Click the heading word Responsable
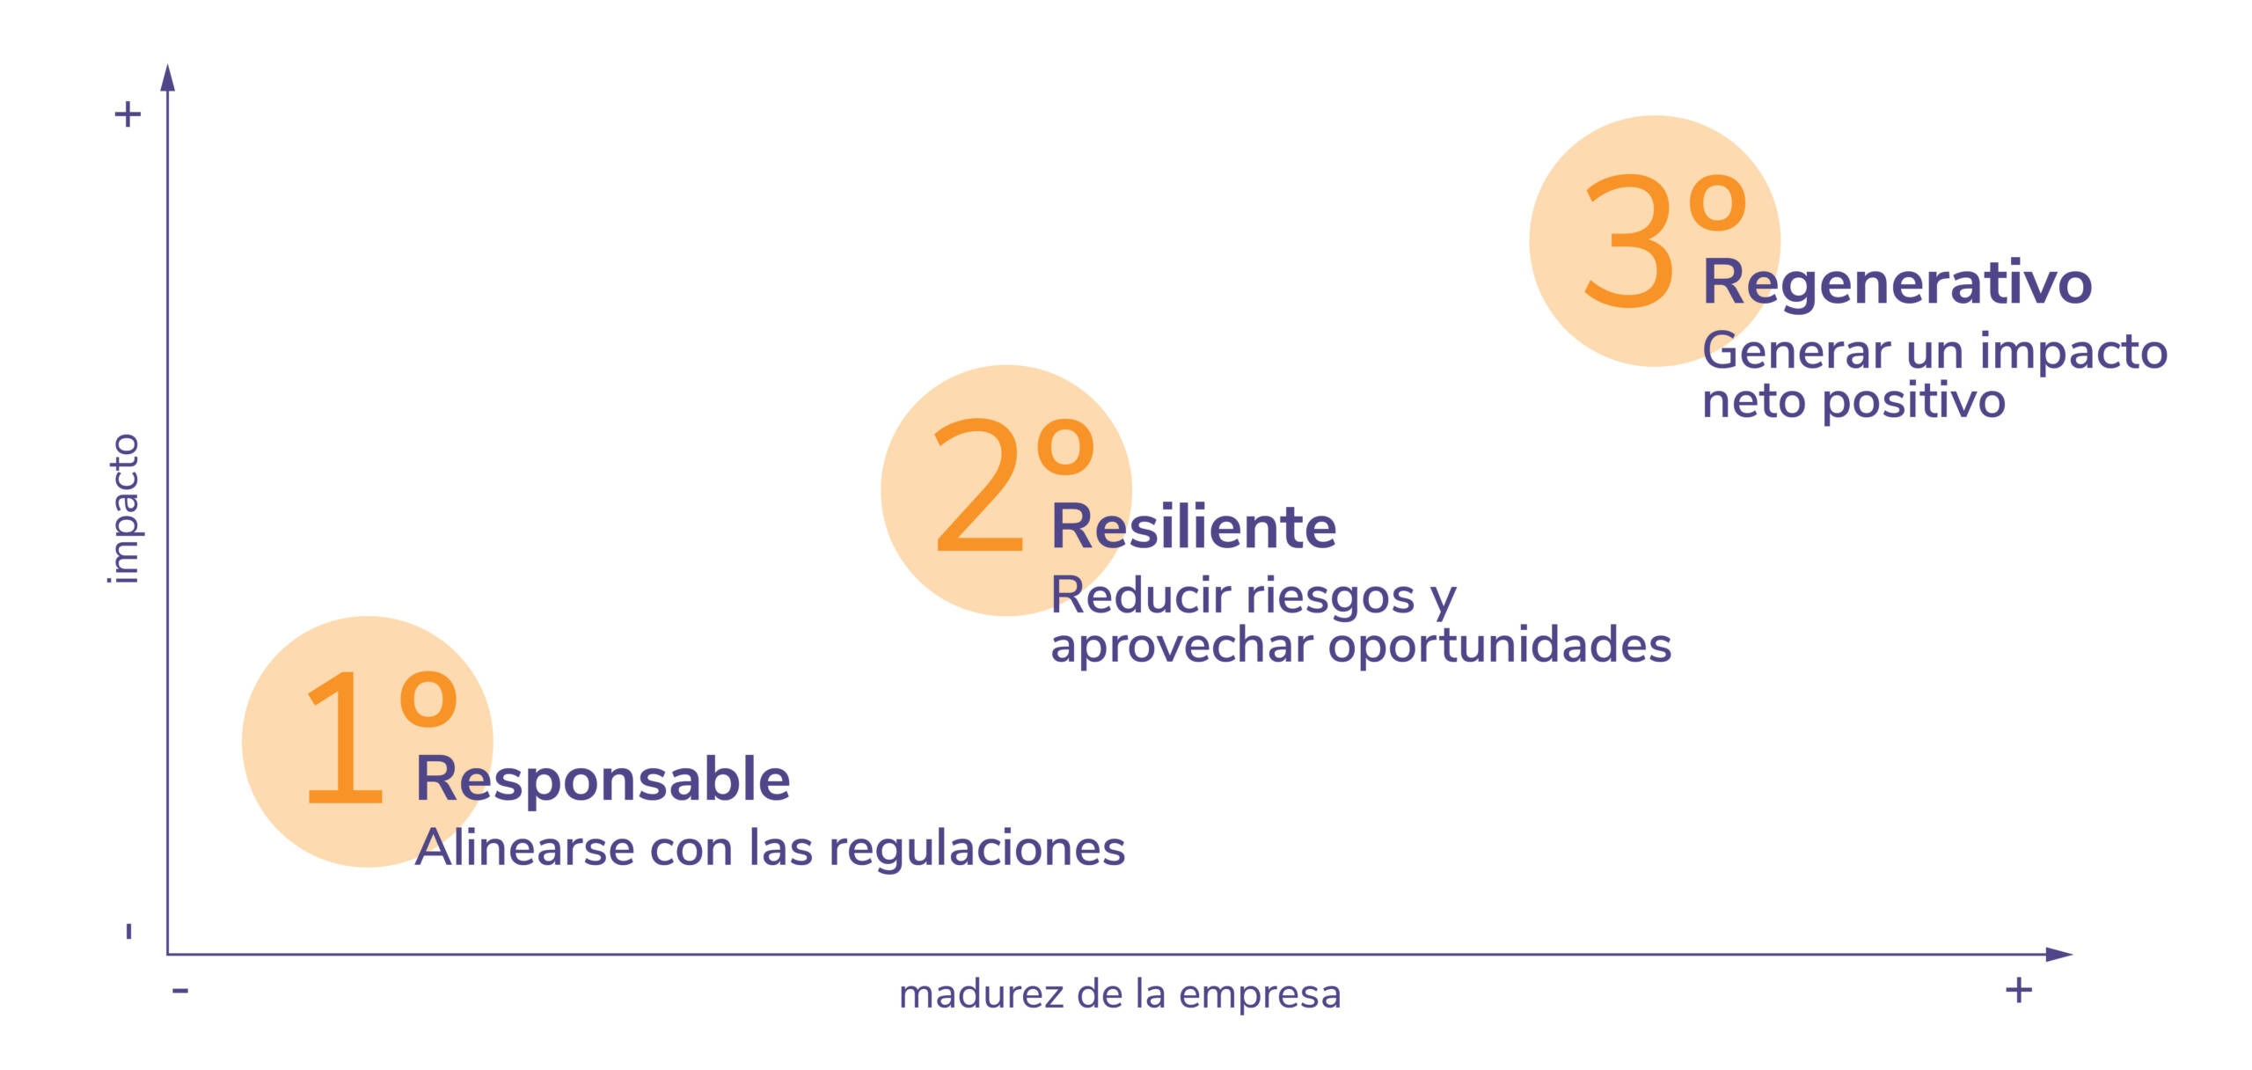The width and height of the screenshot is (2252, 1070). click(x=603, y=779)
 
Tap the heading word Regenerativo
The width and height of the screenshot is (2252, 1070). click(x=1897, y=283)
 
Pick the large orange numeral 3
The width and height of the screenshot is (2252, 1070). click(x=1628, y=240)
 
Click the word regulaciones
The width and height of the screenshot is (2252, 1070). click(x=976, y=849)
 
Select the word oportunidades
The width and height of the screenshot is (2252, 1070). click(x=1499, y=646)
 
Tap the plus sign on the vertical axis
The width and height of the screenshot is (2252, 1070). click(x=128, y=114)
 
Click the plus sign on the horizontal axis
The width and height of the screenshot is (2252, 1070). click(x=2019, y=990)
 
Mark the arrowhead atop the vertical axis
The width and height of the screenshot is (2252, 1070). click(x=168, y=77)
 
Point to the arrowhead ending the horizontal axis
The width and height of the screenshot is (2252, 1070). click(x=2059, y=955)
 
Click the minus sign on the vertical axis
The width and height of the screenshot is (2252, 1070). click(x=129, y=931)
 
